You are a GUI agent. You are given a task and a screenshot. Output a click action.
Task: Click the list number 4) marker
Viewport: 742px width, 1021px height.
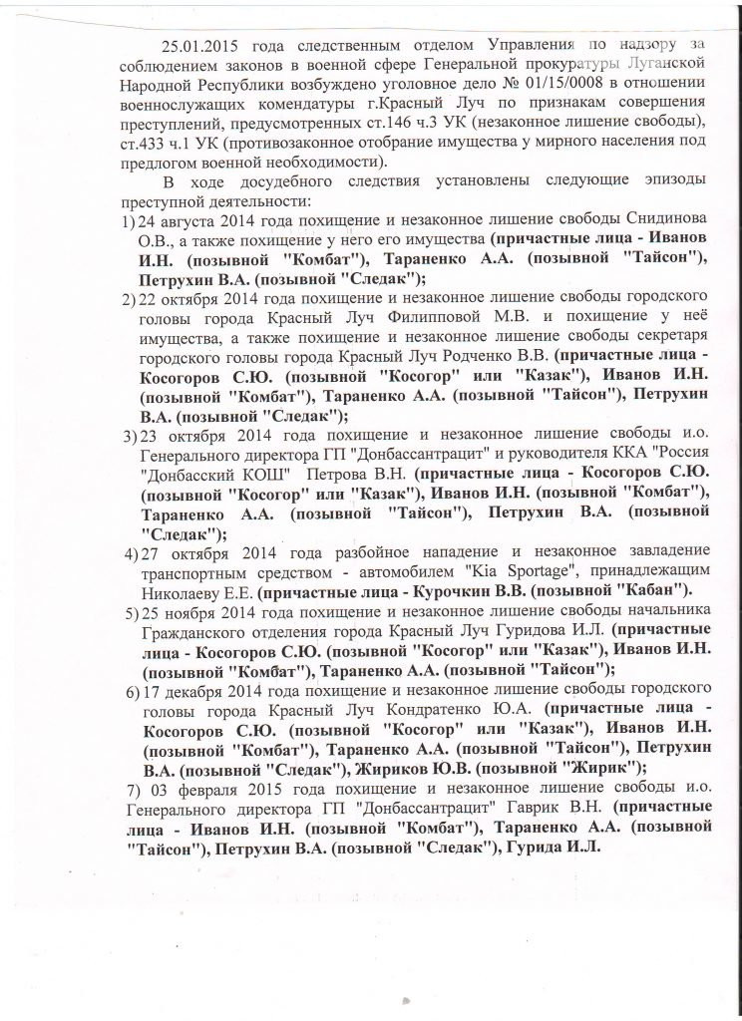pyautogui.click(x=129, y=550)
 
